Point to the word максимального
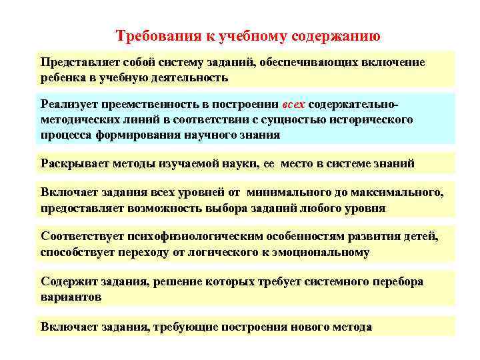coord(397,192)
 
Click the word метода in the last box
coord(350,327)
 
